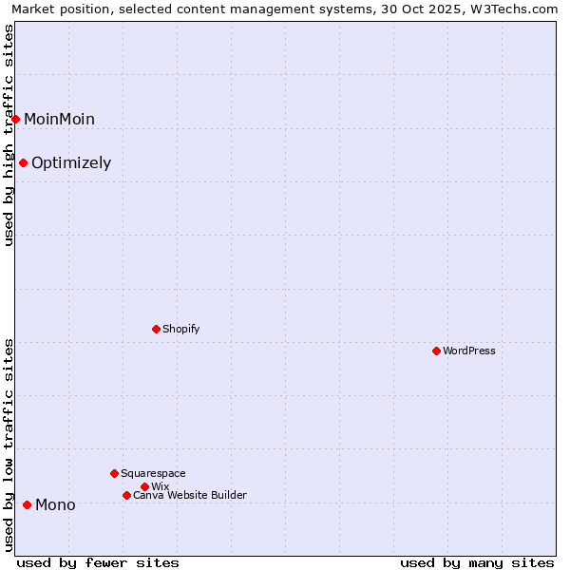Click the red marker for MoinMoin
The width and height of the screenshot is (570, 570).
(16, 119)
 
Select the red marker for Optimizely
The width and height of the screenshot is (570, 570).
(24, 162)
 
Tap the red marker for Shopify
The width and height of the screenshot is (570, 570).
(156, 329)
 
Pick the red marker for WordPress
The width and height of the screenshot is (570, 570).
(436, 351)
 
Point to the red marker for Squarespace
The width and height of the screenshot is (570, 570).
(114, 473)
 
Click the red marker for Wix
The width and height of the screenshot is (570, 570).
(144, 486)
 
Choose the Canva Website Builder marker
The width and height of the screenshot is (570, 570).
(126, 495)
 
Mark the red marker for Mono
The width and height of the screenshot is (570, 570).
(27, 504)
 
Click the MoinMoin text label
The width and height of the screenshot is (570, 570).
(59, 119)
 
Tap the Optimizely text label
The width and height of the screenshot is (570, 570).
(71, 162)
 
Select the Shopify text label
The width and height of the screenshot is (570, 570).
(180, 329)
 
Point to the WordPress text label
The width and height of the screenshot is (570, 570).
(469, 351)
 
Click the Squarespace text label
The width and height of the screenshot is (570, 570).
(153, 473)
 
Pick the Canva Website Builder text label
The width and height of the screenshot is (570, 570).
(190, 495)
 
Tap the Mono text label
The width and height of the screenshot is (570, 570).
(55, 504)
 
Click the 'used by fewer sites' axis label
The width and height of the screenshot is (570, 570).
(98, 562)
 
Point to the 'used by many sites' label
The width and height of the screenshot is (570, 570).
(477, 562)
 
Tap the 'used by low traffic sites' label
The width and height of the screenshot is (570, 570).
(9, 444)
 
